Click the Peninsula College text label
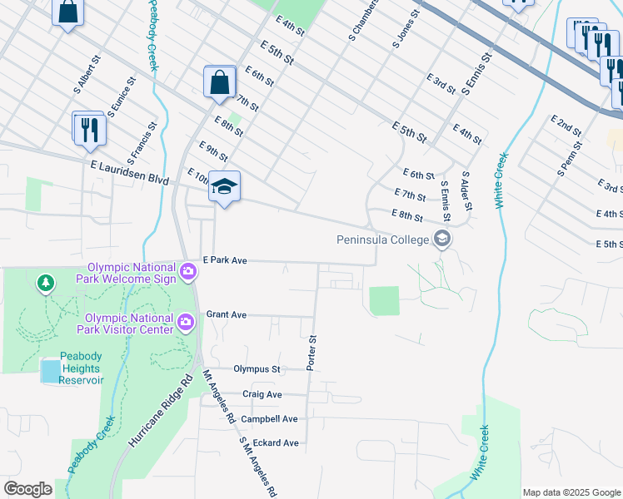(382, 240)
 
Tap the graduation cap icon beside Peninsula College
(441, 240)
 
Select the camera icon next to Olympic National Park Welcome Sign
(189, 269)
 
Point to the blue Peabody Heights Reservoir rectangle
(50, 371)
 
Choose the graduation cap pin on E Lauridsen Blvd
(224, 186)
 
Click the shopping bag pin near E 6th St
(218, 83)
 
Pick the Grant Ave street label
(227, 315)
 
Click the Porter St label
(313, 353)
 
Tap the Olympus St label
(257, 368)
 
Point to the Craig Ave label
(262, 394)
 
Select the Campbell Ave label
(270, 419)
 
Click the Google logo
(27, 489)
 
